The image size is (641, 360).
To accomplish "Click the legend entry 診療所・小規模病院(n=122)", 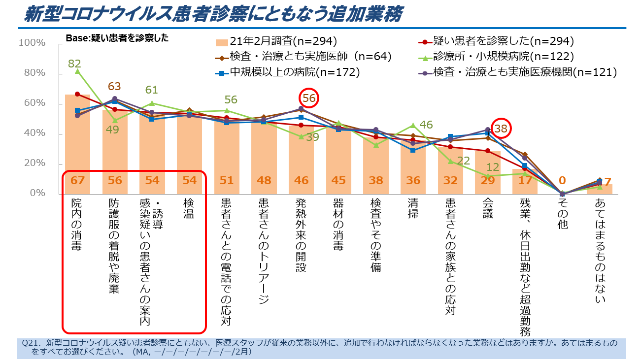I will (x=503, y=57).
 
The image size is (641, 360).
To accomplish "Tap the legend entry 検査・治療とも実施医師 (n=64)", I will (x=303, y=57).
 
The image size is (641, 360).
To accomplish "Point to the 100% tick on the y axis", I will (x=32, y=43).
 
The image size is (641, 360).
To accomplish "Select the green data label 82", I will (x=75, y=63).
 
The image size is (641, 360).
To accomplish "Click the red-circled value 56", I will (x=309, y=98).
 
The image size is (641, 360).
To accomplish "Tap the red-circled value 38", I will (x=501, y=129).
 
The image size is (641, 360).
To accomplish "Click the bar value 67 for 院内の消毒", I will (x=77, y=180).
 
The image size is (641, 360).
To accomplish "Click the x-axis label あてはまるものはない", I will (x=600, y=251).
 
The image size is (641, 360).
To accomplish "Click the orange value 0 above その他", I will (x=562, y=181).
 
